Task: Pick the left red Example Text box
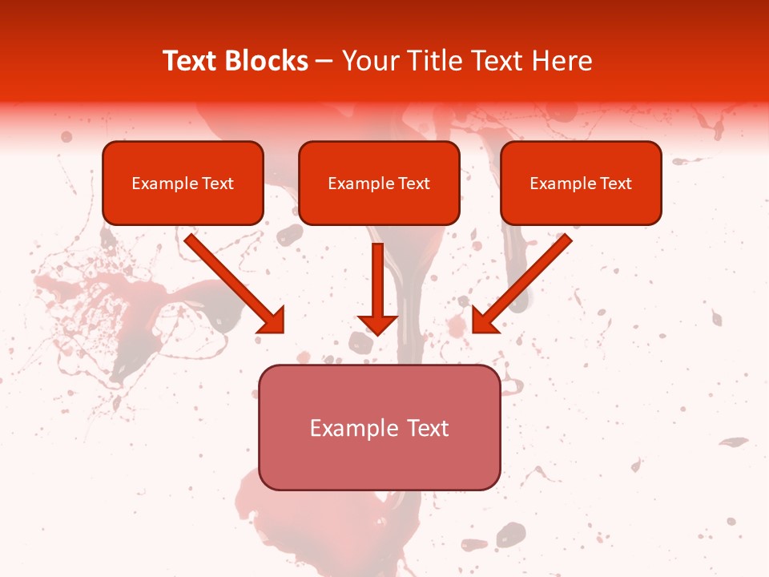(183, 183)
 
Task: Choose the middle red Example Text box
(379, 183)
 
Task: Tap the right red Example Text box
(581, 183)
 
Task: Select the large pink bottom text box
(379, 428)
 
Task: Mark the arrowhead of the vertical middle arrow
(377, 324)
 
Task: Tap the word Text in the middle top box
(414, 184)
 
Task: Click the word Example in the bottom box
(353, 429)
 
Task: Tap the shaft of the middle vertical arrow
(377, 276)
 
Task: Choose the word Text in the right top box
(616, 184)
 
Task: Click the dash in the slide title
(325, 62)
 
